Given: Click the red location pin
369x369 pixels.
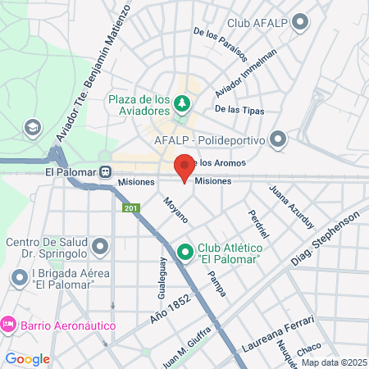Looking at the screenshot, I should [184, 167].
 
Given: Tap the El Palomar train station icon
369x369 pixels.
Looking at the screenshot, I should [106, 173].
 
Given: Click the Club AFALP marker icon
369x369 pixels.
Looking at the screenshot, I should [300, 22].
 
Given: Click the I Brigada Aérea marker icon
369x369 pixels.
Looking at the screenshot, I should [19, 279].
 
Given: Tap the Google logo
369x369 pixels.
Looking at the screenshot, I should [27, 358].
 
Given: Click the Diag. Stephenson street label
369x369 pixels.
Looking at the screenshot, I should [327, 237].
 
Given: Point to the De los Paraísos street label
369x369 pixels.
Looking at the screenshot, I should [219, 44].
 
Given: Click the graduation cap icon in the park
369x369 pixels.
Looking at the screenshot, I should [32, 127].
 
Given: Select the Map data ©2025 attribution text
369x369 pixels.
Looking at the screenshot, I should [333, 362].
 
